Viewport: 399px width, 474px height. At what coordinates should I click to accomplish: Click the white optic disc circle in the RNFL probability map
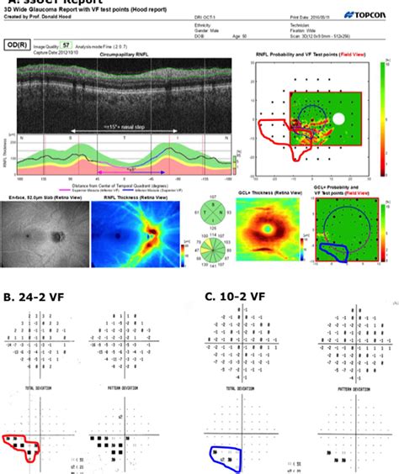(338, 119)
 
